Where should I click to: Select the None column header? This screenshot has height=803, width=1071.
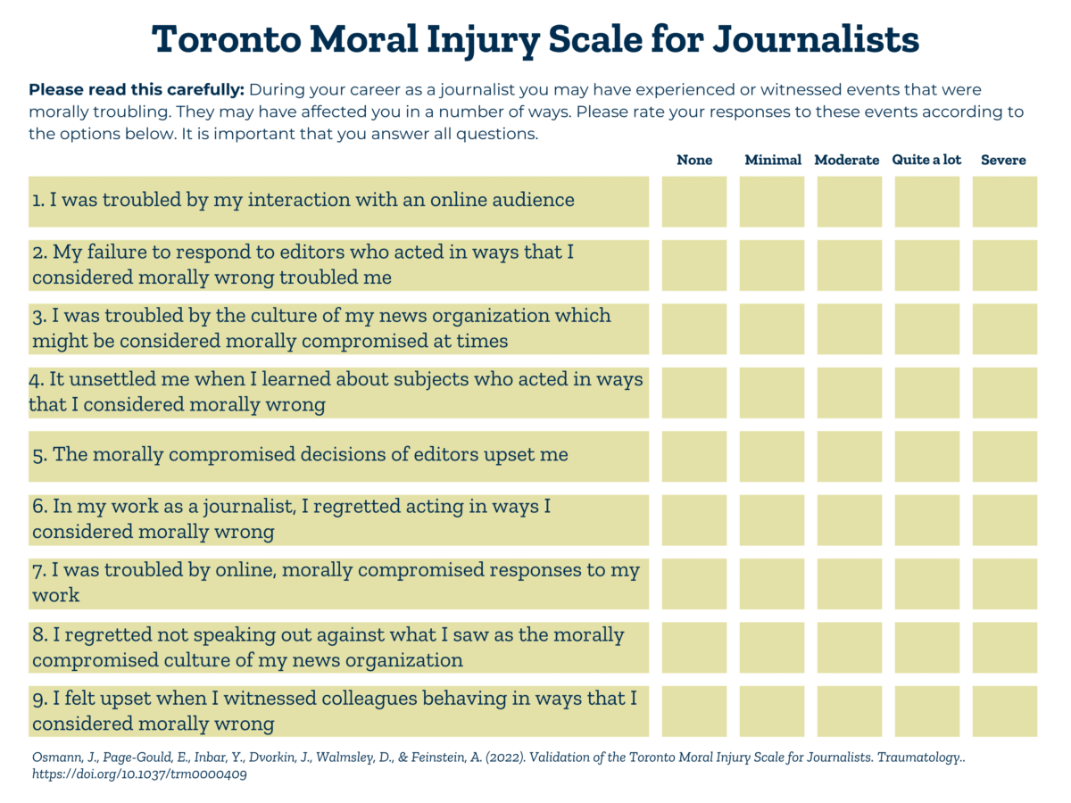694,160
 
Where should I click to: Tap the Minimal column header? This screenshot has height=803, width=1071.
773,160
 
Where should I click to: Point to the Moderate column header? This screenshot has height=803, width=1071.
847,160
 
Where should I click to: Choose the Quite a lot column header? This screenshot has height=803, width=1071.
926,160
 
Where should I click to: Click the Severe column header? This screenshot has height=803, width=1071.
1003,160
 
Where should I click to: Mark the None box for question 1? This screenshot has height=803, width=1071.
694,201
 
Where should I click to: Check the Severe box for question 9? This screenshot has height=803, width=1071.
1005,711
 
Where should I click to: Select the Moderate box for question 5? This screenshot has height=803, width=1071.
850,456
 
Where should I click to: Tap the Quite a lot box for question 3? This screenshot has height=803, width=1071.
927,328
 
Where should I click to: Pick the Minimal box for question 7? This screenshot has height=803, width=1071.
772,584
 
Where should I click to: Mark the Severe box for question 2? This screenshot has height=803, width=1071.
1005,265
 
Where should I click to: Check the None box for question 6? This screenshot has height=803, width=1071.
694,519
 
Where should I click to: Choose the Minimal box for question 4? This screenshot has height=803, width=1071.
772,393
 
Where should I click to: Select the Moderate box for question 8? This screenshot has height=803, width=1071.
850,647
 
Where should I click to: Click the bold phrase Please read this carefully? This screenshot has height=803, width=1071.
137,90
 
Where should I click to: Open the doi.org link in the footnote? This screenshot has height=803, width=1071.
139,774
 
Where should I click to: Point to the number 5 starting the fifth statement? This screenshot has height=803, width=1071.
38,455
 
